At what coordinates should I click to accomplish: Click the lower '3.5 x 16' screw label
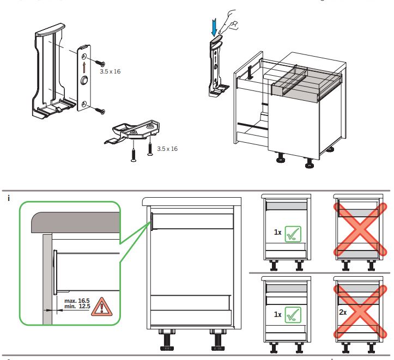tap(167, 148)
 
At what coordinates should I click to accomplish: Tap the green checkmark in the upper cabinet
tap(292, 233)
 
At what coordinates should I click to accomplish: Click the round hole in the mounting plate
tap(84, 81)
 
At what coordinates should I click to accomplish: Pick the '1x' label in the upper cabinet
tap(277, 232)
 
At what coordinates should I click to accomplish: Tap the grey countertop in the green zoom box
tap(76, 221)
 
